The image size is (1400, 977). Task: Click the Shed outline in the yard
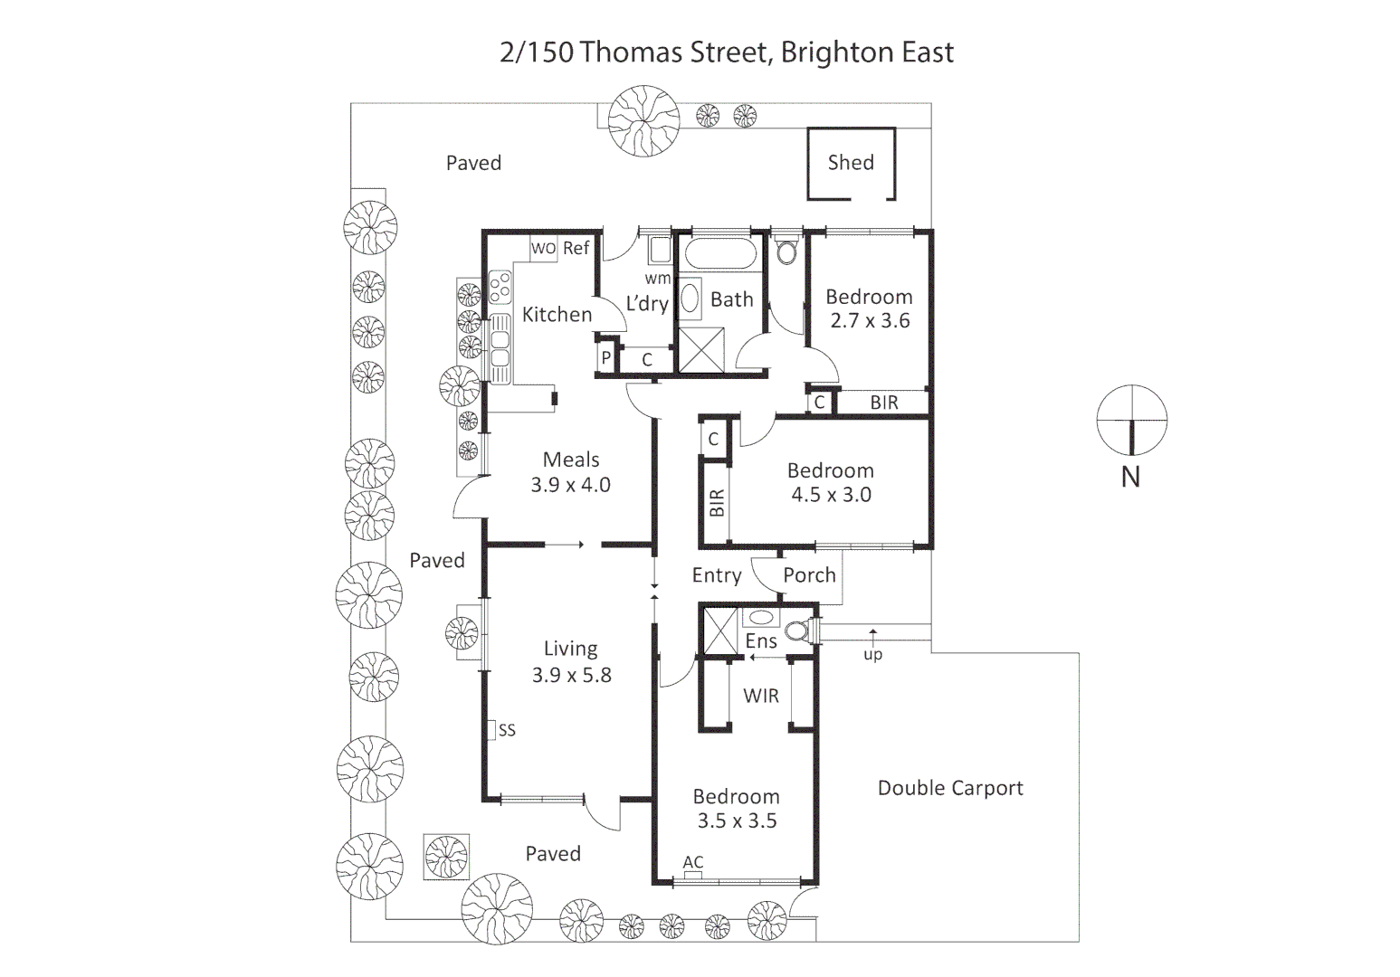(x=851, y=164)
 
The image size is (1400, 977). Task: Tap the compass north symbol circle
(x=1131, y=421)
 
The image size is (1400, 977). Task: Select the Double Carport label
(x=950, y=788)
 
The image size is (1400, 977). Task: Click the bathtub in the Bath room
(x=719, y=254)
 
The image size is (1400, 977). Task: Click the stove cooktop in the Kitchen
(x=500, y=288)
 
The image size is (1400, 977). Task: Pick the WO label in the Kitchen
(x=543, y=249)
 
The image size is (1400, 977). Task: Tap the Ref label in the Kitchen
(x=576, y=248)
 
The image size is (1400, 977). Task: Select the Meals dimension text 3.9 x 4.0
(x=570, y=485)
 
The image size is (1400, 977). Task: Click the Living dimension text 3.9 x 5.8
(x=571, y=675)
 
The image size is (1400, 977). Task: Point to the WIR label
(x=760, y=696)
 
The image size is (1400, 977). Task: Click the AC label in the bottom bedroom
(x=693, y=862)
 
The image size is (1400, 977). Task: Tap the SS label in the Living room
(x=507, y=730)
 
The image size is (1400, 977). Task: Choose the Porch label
(x=809, y=575)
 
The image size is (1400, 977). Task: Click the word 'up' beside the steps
(x=872, y=654)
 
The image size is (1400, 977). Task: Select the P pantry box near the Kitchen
(x=606, y=358)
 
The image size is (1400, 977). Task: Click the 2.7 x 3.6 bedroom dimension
(x=870, y=321)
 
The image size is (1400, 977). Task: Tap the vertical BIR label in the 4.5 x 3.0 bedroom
(x=717, y=503)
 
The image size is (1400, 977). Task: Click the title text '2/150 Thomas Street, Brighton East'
(x=726, y=52)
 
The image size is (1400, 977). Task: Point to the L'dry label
(x=646, y=304)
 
